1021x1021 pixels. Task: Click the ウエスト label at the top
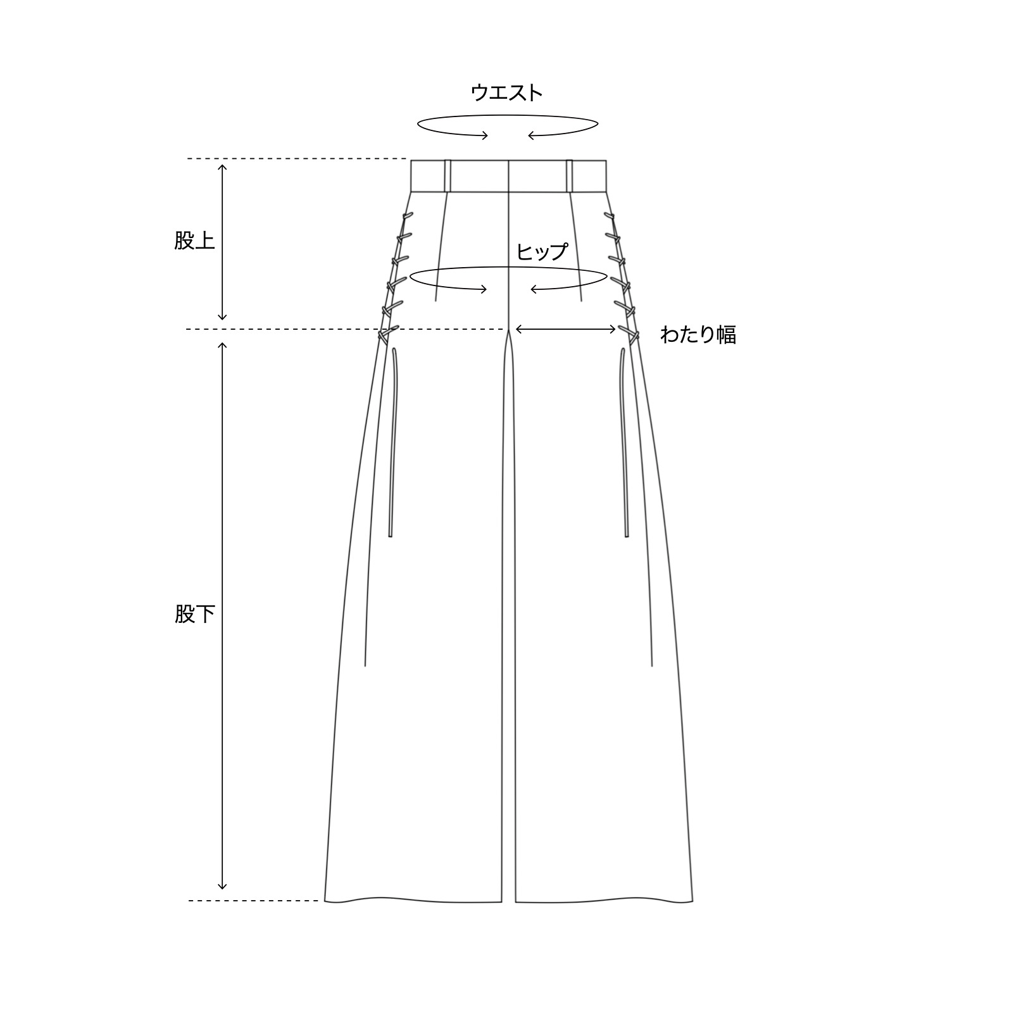pyautogui.click(x=506, y=93)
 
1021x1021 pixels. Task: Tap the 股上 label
pyautogui.click(x=195, y=241)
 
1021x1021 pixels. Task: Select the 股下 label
pyautogui.click(x=195, y=614)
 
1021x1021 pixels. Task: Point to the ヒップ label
pyautogui.click(x=542, y=252)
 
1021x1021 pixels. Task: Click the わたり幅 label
pyautogui.click(x=698, y=334)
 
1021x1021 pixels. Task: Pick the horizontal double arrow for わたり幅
pyautogui.click(x=566, y=329)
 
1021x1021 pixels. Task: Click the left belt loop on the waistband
pyautogui.click(x=448, y=175)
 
